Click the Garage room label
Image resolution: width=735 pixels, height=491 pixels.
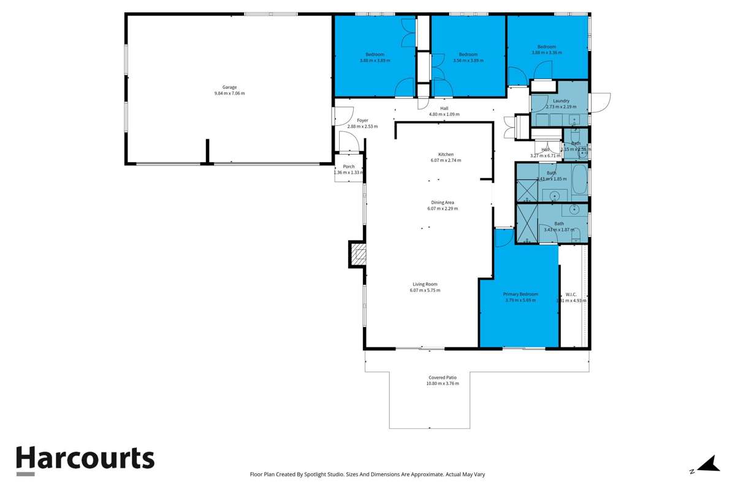[x=229, y=87]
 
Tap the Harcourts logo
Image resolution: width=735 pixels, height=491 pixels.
[x=85, y=459]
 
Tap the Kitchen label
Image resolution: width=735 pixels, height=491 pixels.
[x=446, y=154]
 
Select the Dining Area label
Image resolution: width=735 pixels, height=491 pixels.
[x=442, y=203]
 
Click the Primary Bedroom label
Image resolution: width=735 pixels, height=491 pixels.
[x=520, y=295]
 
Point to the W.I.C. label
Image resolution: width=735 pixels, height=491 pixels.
[x=571, y=295]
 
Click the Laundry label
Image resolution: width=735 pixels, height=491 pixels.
[x=561, y=101]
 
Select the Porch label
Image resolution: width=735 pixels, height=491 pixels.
[x=349, y=166]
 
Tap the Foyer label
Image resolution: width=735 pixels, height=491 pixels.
[x=362, y=120]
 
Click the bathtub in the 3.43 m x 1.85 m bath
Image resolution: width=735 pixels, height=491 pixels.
[x=579, y=180]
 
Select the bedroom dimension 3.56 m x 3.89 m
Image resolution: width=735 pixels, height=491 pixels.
[x=468, y=61]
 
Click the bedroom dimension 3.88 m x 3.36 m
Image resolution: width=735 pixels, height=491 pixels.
[x=546, y=53]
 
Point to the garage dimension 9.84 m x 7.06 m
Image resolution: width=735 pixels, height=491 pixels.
[x=229, y=93]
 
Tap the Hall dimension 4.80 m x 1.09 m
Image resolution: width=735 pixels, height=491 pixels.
[x=444, y=114]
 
